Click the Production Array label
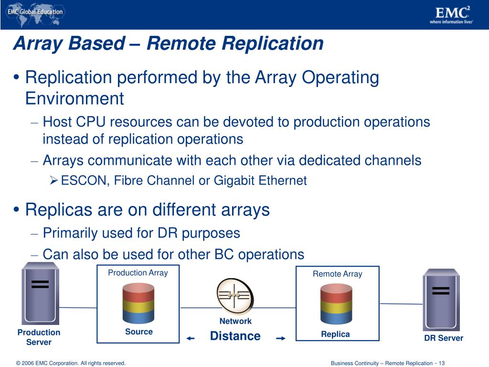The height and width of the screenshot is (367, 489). tap(138, 273)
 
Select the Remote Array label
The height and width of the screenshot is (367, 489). tap(337, 274)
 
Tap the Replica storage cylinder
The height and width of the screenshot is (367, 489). tap(336, 304)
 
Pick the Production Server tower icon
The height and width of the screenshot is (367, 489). tap(40, 293)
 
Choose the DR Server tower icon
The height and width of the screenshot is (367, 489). tap(441, 299)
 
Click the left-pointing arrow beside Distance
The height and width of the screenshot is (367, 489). tap(191, 338)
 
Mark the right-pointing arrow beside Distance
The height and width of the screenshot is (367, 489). tap(281, 338)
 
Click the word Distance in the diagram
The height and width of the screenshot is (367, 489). tap(235, 336)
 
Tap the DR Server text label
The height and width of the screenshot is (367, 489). tap(444, 338)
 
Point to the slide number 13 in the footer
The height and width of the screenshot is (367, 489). tap(442, 363)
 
